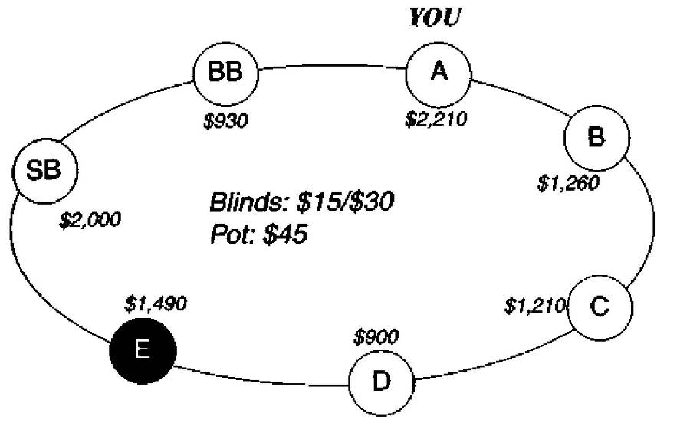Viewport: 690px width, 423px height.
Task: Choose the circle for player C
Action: tap(600, 307)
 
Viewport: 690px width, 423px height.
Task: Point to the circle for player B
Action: tap(596, 138)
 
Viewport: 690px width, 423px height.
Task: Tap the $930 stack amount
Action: tap(226, 120)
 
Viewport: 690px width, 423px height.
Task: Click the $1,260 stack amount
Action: tap(568, 184)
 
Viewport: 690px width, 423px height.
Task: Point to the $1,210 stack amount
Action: tap(534, 307)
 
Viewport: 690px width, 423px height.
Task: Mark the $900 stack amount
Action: tap(376, 337)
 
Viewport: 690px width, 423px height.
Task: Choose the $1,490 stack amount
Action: tap(156, 303)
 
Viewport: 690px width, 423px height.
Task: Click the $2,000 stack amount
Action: tap(90, 220)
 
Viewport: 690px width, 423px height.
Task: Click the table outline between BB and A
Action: tap(333, 67)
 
